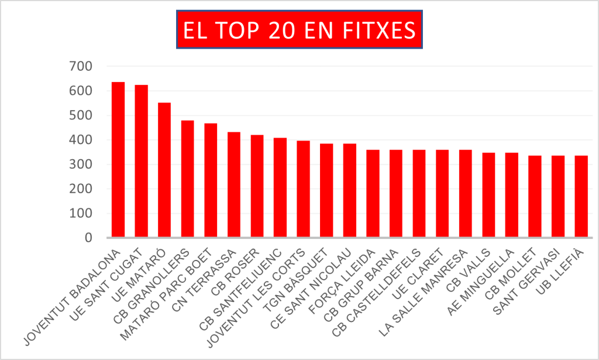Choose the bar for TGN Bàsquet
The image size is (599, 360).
[x=326, y=191]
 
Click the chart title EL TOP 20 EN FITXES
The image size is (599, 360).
[x=299, y=30]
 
